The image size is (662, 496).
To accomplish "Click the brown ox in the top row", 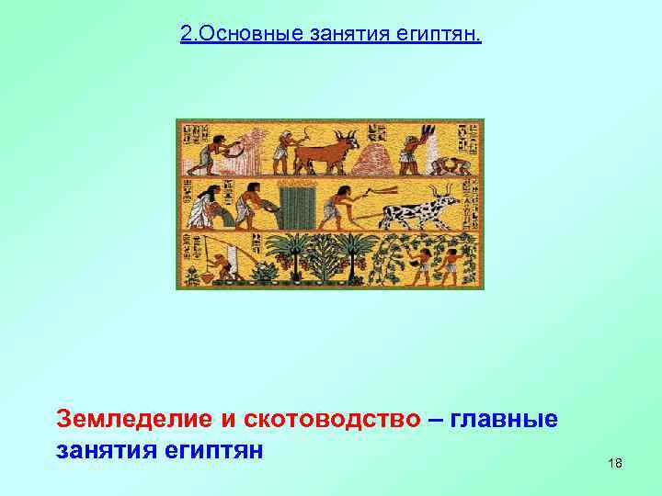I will click(x=326, y=152).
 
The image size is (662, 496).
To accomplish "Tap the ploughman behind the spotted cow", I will click(x=339, y=206).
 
